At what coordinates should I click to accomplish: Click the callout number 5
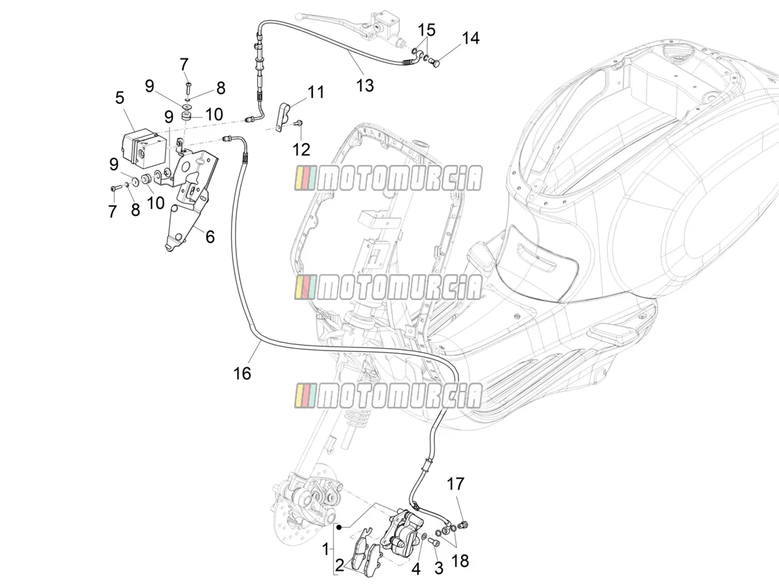pos(120,97)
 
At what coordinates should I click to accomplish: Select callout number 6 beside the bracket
pos(210,237)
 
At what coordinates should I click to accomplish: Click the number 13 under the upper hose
pos(365,86)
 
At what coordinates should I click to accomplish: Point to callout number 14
pos(470,38)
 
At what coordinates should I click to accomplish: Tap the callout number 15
pos(427,30)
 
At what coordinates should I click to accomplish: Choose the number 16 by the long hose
pos(242,373)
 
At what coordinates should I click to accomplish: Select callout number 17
pos(455,483)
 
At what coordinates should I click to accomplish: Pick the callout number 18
pos(460,562)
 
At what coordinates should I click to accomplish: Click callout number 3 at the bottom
pos(439,569)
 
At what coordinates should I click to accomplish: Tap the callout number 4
pos(416,569)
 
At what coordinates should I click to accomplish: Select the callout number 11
pos(315,92)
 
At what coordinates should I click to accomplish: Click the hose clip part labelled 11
pos(283,116)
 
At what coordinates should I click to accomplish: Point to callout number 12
pos(301,149)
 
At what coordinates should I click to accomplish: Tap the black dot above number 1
pos(340,527)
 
